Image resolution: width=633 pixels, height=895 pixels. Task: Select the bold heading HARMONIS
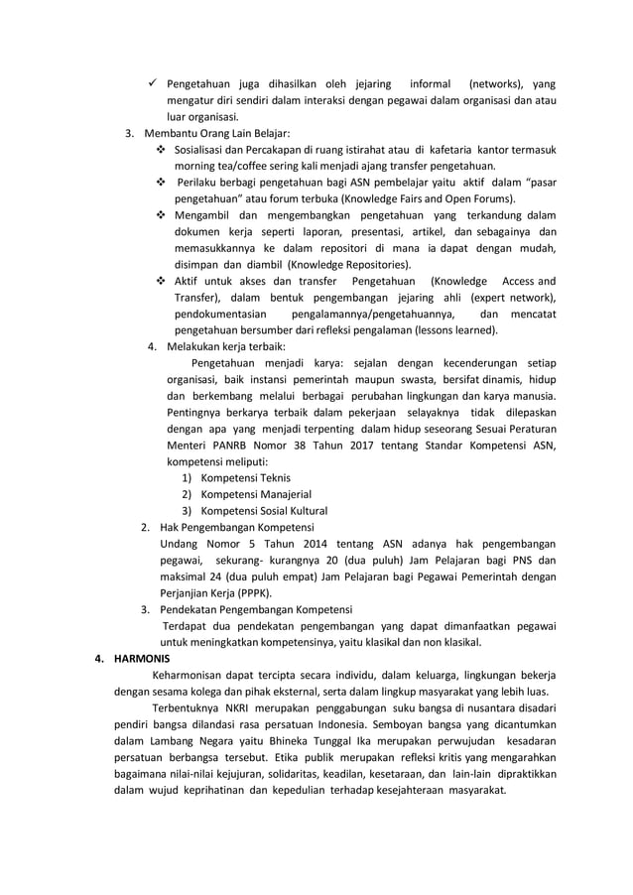point(142,658)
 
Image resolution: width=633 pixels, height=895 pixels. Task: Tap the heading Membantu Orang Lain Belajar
point(217,133)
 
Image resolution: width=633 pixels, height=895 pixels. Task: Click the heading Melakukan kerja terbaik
point(225,347)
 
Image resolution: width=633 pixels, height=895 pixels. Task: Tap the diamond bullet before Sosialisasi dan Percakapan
point(162,150)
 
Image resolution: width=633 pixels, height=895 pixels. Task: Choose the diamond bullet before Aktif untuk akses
point(162,282)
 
